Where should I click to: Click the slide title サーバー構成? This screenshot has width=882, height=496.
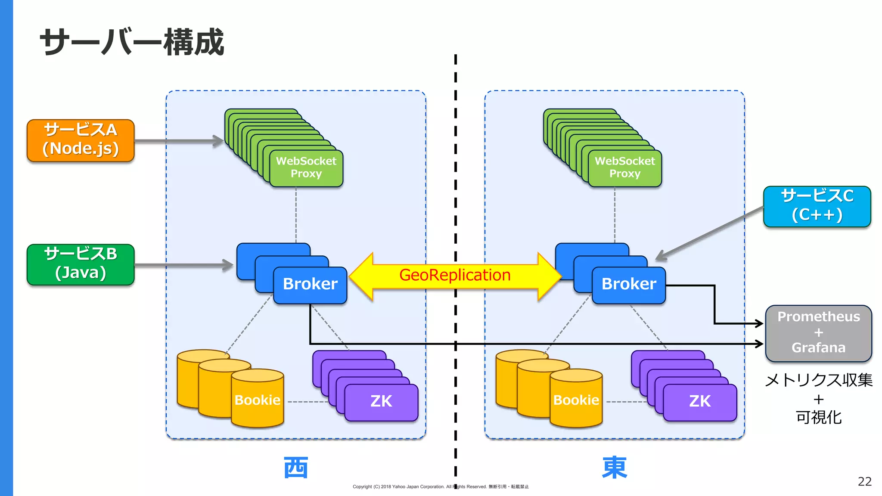click(132, 42)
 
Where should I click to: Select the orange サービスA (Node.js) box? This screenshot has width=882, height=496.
click(81, 140)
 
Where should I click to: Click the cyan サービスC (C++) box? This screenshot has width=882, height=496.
click(817, 206)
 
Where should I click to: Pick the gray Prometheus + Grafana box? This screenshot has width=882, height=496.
click(818, 333)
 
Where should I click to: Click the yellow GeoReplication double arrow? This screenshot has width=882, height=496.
click(455, 276)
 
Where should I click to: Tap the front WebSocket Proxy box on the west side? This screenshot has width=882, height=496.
click(306, 168)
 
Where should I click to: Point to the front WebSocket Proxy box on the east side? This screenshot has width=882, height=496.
click(625, 168)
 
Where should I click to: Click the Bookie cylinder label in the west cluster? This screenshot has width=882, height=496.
click(258, 400)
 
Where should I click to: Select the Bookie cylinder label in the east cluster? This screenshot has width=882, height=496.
click(576, 400)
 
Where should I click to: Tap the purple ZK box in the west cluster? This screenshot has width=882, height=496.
click(381, 402)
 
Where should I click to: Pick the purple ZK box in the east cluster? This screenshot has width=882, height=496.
click(700, 402)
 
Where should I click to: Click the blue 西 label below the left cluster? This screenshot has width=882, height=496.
click(296, 468)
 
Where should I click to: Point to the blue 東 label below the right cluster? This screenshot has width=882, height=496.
click(615, 468)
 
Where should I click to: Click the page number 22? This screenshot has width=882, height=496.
click(864, 481)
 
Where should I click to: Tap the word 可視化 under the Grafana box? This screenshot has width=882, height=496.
click(818, 417)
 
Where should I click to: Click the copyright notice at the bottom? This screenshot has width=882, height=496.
click(441, 487)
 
